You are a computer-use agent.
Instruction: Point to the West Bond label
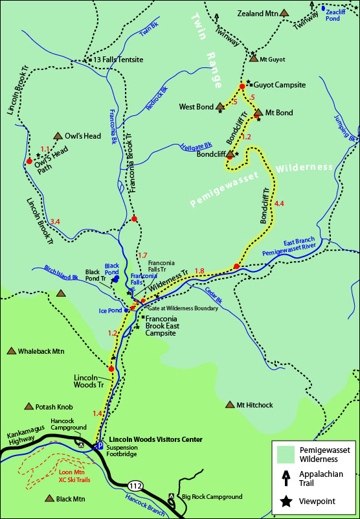click(x=196, y=106)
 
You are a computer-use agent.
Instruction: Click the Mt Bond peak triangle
click(x=258, y=113)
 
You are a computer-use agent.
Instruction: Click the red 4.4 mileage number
click(x=279, y=204)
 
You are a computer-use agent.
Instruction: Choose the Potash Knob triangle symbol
click(x=28, y=406)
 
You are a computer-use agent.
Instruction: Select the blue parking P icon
click(x=98, y=446)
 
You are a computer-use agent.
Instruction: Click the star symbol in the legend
click(x=284, y=500)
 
